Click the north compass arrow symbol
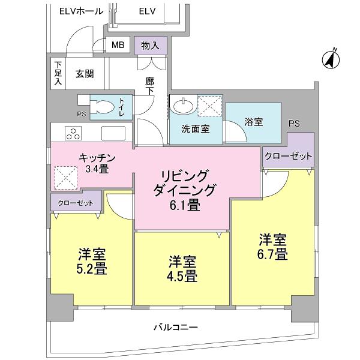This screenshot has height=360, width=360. (x=331, y=59)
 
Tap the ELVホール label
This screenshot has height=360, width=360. (x=77, y=11)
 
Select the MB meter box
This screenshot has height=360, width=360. (x=118, y=46)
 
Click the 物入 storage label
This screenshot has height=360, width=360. (x=150, y=46)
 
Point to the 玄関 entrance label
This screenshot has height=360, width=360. (x=84, y=74)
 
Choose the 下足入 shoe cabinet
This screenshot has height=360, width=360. (x=58, y=73)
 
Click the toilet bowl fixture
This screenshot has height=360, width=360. (x=102, y=107)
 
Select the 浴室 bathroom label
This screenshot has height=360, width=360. (x=253, y=121)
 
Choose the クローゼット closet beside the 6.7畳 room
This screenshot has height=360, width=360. (x=289, y=156)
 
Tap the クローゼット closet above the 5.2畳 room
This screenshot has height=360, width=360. (x=76, y=203)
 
